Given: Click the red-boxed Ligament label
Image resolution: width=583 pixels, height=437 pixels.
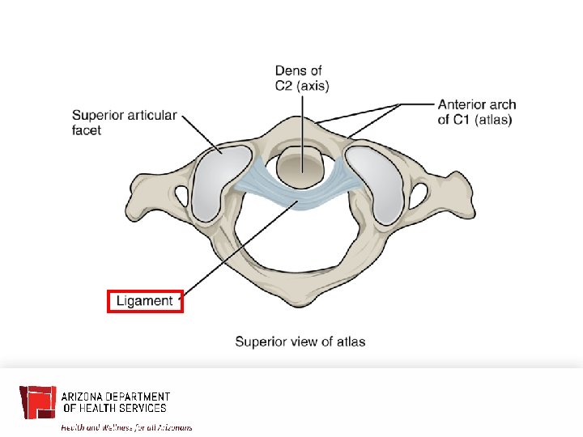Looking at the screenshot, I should coord(146,301).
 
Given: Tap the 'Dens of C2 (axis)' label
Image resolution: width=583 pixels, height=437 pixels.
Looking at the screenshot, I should coord(302,78).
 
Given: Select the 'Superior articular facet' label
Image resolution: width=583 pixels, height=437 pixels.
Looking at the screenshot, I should coord(124,122).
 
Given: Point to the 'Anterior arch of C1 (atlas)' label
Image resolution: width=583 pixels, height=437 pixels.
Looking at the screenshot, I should coord(477,112).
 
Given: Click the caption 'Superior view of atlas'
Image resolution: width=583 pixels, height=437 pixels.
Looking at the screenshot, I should coord(300,342).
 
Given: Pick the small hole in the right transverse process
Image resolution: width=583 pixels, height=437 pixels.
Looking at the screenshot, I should coord(419,193).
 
